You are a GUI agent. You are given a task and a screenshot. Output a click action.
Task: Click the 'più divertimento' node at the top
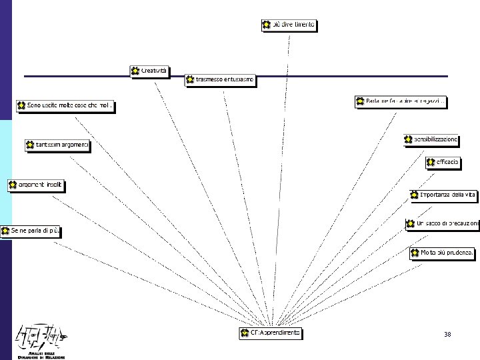point(289,25)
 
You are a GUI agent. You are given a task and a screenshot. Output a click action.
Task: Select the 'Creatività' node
point(150,71)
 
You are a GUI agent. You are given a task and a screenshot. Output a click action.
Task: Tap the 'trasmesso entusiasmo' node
point(220,80)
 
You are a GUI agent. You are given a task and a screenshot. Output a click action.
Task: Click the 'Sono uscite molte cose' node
point(65,105)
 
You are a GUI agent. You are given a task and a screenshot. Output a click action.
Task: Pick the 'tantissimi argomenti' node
point(57,145)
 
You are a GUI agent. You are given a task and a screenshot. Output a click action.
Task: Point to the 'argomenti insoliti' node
point(38,185)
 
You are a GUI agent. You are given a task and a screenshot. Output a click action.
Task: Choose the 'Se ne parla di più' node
point(31,231)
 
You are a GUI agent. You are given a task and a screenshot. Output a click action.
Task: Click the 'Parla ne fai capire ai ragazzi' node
point(401,101)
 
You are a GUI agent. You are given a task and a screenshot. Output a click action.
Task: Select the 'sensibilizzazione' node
point(431,139)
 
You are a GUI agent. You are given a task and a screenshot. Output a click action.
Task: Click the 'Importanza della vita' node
point(444,195)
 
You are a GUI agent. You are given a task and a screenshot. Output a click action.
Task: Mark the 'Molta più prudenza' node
point(443,253)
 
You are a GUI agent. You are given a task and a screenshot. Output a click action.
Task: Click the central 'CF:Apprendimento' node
point(271,332)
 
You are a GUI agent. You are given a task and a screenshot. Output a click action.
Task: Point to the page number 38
point(447,333)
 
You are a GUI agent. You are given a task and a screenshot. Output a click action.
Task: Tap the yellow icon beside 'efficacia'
point(431,161)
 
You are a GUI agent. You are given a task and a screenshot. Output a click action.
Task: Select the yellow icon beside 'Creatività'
point(135,71)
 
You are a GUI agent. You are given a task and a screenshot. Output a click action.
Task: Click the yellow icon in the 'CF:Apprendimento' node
point(245,332)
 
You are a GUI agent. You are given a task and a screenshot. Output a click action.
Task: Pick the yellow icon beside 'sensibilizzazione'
point(409,139)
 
